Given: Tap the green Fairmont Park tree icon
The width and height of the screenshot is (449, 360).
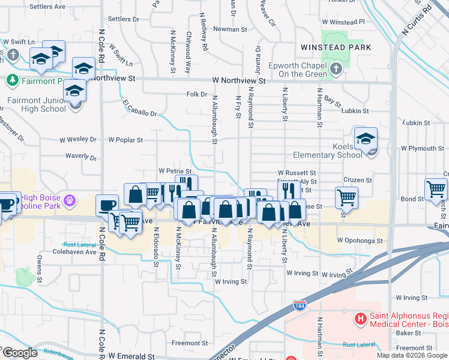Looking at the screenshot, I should [11, 80].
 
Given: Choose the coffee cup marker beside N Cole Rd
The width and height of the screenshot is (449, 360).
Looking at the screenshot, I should [107, 206].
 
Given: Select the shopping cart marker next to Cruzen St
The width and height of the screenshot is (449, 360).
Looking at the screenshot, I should [346, 197].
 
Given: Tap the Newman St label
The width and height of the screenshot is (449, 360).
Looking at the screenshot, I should [230, 29].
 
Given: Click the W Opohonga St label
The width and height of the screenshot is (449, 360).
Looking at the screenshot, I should [360, 241].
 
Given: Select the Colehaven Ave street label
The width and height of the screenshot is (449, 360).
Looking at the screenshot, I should [80, 252].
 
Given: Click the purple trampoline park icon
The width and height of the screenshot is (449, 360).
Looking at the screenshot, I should [70, 199].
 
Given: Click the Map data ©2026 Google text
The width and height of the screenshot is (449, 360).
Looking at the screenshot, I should [411, 355].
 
